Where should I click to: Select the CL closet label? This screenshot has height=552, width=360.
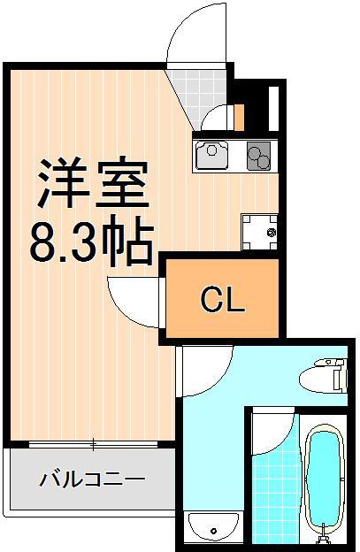pyautogui.click(x=221, y=302)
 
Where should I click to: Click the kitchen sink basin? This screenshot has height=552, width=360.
pyautogui.click(x=213, y=156)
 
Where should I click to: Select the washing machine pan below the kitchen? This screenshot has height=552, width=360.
pyautogui.click(x=258, y=231)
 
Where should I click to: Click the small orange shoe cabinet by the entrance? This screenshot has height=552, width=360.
pyautogui.click(x=239, y=116)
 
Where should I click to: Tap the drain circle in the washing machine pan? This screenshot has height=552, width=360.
pyautogui.click(x=271, y=233)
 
